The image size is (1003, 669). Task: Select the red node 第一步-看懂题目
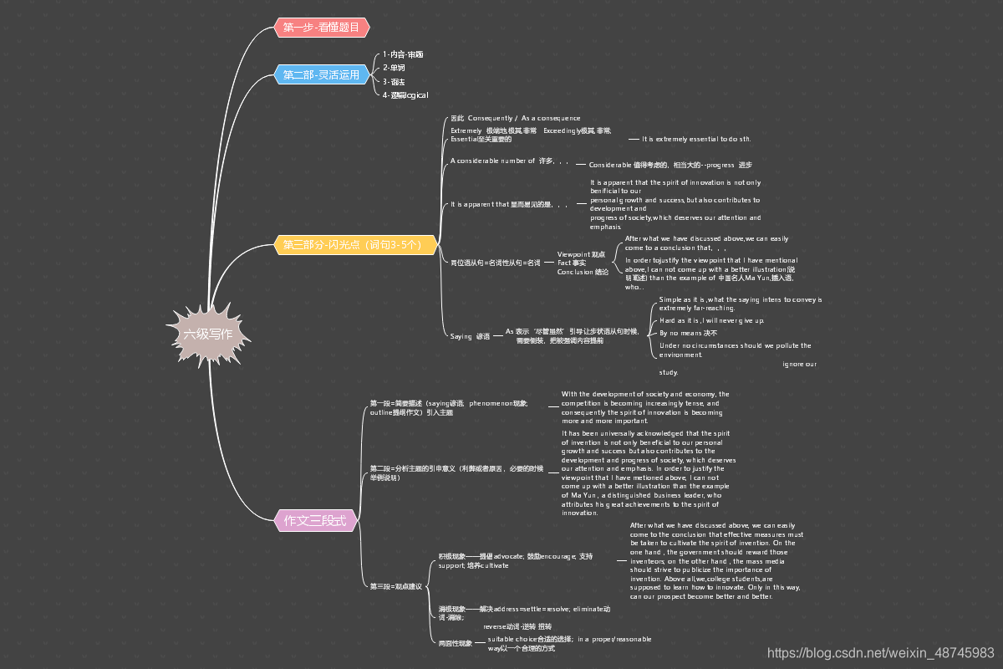click(321, 28)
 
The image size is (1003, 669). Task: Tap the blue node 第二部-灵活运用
click(321, 75)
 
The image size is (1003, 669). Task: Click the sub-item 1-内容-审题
click(403, 54)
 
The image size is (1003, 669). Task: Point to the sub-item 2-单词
click(394, 68)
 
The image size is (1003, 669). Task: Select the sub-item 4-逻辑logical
click(405, 95)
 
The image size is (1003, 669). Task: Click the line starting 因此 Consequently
click(515, 118)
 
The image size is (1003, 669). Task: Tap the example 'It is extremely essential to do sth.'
click(696, 139)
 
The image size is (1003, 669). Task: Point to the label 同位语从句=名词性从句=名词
click(496, 263)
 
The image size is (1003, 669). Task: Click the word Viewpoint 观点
click(582, 253)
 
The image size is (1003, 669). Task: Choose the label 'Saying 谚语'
click(470, 336)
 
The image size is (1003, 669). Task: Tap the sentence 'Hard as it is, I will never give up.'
click(711, 320)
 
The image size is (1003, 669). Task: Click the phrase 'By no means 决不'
click(688, 333)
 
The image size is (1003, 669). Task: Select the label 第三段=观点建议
click(396, 586)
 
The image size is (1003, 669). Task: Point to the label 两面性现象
click(456, 643)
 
